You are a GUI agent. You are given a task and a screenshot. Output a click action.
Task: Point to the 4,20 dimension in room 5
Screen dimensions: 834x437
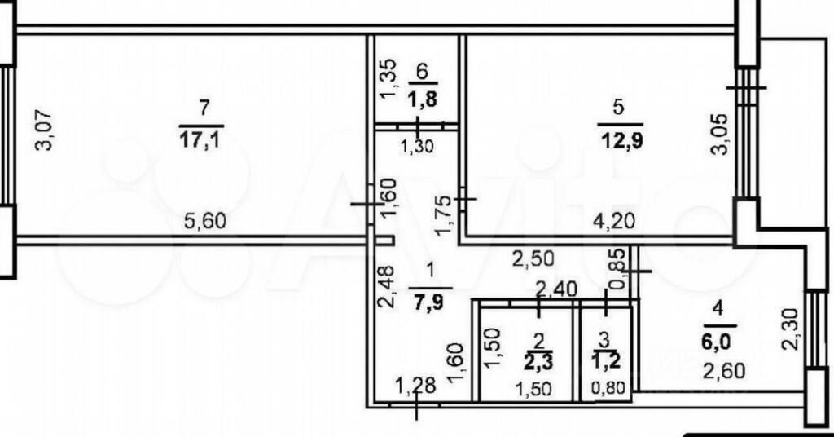[615, 219]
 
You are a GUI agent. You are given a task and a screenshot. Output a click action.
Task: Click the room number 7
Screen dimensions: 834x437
[204, 106]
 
